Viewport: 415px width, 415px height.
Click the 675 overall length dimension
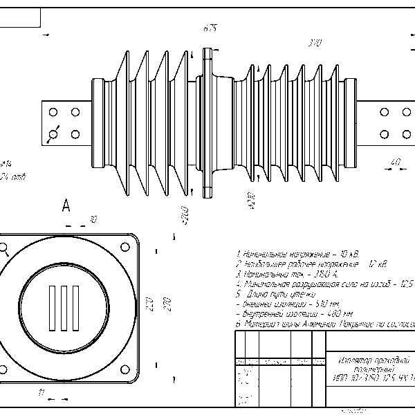pos(210,28)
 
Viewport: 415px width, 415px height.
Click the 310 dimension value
pos(315,44)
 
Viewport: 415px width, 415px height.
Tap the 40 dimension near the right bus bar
pos(396,163)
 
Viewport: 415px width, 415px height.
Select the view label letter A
pos(66,205)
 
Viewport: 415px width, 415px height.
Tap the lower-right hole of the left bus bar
pos(75,133)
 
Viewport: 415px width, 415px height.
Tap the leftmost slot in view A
pos(53,306)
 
